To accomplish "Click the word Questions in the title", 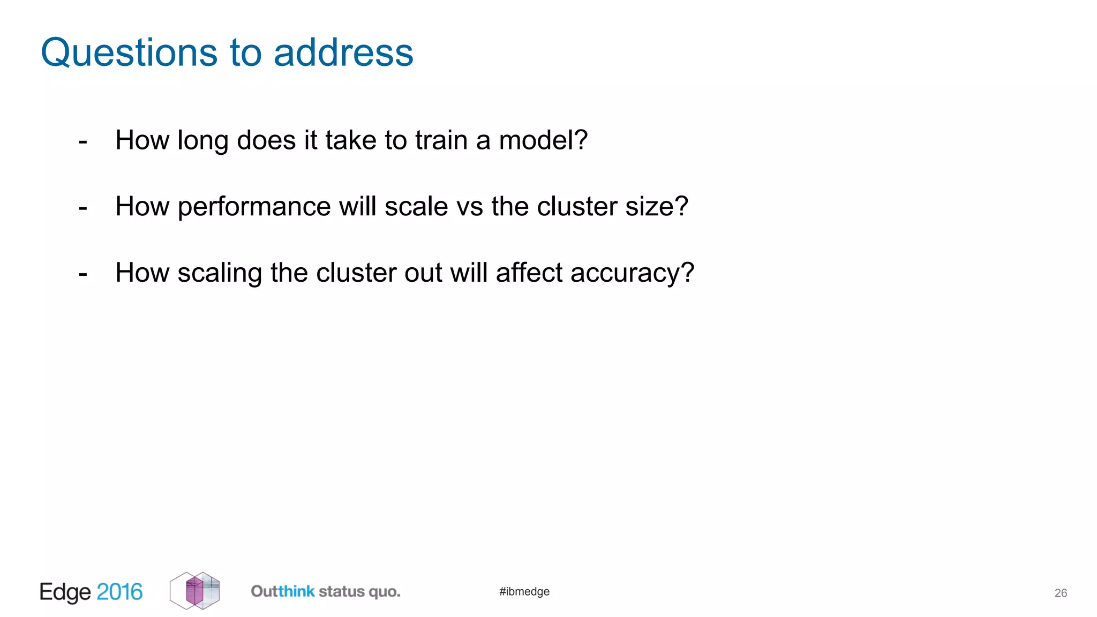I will [x=128, y=53].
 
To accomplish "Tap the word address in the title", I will [x=343, y=53].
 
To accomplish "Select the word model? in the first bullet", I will [x=543, y=140].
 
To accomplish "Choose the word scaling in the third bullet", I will [x=220, y=274].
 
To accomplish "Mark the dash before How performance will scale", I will [x=82, y=208].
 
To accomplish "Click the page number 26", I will [x=1060, y=593].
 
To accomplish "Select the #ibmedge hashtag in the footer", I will [x=524, y=591].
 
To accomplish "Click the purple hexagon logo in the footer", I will [x=194, y=591].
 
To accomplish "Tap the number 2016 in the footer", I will [x=119, y=592].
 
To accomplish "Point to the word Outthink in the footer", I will [x=282, y=591].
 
